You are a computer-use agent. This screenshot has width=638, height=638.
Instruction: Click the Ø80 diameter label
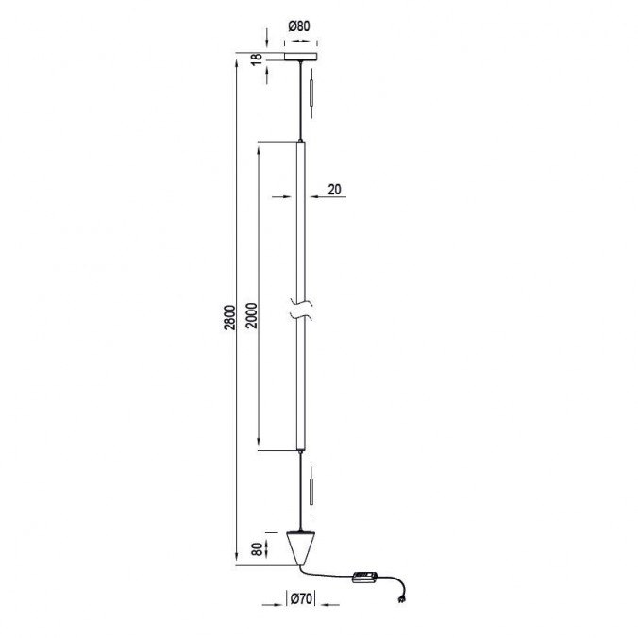(299, 27)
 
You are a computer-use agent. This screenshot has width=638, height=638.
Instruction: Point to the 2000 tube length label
(251, 315)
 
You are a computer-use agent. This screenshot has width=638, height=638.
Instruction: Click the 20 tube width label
(333, 189)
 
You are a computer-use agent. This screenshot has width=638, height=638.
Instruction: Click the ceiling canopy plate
(300, 59)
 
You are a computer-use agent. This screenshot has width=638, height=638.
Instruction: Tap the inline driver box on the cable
(364, 578)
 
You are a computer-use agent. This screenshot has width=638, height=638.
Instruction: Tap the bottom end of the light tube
(301, 450)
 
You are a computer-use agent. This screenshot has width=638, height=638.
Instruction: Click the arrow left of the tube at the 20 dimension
(283, 197)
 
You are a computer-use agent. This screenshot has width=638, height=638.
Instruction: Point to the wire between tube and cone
(301, 491)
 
